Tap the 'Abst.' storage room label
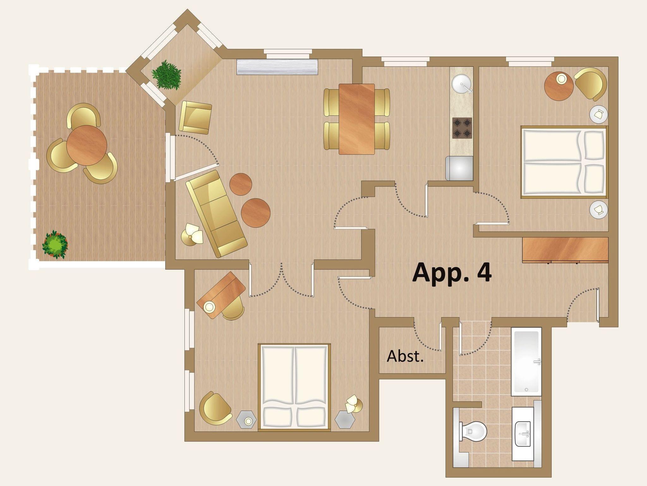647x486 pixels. (405, 356)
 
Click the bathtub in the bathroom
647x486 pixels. (526, 361)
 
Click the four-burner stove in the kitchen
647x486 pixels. (462, 128)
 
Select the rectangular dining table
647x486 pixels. (357, 119)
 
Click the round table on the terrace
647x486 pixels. (87, 145)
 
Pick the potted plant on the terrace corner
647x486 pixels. (55, 245)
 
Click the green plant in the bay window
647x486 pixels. (166, 75)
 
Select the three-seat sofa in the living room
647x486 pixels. (216, 214)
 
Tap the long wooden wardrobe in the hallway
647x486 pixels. (565, 250)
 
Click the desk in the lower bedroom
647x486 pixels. (221, 295)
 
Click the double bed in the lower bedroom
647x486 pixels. (294, 387)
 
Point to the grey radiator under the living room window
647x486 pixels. (277, 67)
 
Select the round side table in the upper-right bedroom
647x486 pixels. (559, 86)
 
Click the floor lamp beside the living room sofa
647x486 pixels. (192, 234)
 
